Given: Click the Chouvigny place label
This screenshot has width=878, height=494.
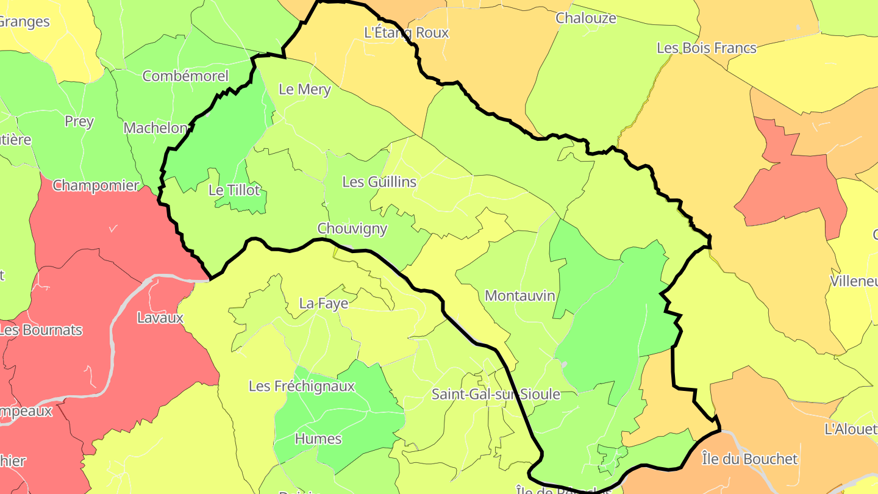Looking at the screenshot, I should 352,228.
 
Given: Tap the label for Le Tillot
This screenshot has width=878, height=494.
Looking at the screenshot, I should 234,190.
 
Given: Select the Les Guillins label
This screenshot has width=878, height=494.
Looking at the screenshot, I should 379,182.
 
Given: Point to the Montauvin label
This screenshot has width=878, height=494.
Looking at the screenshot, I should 520,296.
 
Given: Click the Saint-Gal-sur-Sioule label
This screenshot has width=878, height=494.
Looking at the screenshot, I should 496,394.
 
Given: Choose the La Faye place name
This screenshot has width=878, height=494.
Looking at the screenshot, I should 324,303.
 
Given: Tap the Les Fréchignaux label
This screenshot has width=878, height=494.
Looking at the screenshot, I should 301,386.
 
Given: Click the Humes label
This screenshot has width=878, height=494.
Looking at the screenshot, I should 318,439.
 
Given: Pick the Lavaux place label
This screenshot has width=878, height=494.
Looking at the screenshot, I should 160,318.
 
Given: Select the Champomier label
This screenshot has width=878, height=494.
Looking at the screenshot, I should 96,185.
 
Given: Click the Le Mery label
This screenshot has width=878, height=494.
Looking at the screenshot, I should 304,89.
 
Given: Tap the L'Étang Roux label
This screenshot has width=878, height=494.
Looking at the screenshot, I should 406,32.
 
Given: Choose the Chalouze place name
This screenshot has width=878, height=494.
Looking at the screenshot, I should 585,18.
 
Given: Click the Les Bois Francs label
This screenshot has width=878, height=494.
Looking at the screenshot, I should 706,48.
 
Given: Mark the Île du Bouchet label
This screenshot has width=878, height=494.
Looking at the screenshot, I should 749,459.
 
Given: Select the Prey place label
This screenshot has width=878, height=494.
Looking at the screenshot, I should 79,121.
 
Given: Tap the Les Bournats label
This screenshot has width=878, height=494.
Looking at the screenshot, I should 40,330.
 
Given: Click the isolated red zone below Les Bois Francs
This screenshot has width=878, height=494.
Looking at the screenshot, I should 793,183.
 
